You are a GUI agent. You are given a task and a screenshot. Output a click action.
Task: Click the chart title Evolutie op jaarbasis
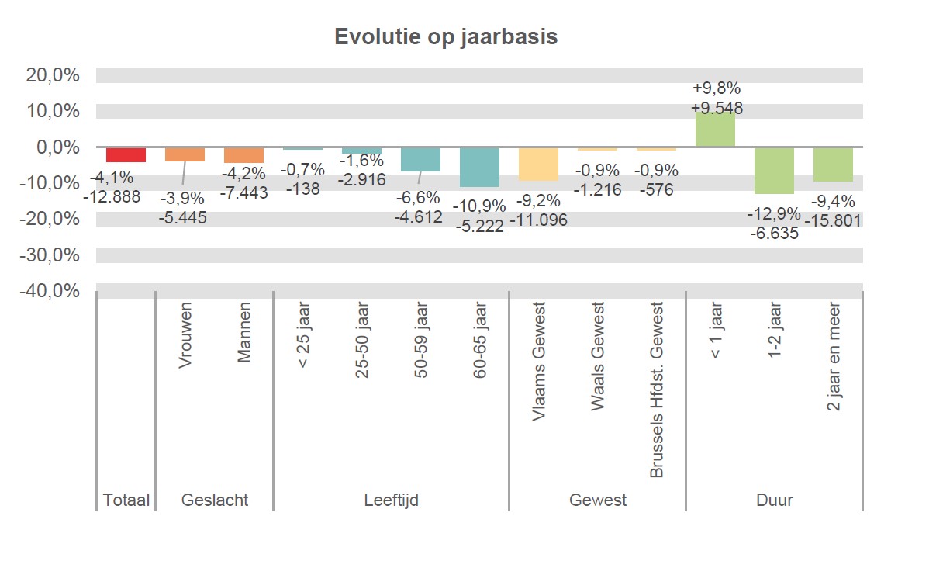(446, 37)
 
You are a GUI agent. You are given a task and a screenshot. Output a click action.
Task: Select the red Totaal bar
(126, 154)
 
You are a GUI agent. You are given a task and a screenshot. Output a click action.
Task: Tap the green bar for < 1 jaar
(715, 129)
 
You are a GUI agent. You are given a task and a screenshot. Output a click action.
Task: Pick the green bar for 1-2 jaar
(774, 170)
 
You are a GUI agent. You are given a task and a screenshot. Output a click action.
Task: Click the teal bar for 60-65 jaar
(479, 167)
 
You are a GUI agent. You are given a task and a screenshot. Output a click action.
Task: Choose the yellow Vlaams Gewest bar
(538, 164)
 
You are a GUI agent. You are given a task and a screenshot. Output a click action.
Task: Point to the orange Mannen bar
(243, 154)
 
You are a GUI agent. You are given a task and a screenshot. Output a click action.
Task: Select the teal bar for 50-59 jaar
(420, 159)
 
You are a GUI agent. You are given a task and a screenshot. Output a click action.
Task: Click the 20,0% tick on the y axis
(54, 75)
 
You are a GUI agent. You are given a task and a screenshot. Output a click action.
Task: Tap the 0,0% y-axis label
(57, 147)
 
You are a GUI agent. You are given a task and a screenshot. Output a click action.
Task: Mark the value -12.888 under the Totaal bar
(112, 197)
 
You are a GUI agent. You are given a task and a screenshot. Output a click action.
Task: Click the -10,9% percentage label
(480, 206)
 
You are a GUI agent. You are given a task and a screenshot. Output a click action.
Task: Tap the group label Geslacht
(215, 500)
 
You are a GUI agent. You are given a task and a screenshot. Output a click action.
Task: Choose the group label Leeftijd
(391, 500)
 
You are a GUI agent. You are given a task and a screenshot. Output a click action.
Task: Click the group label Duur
(774, 500)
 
